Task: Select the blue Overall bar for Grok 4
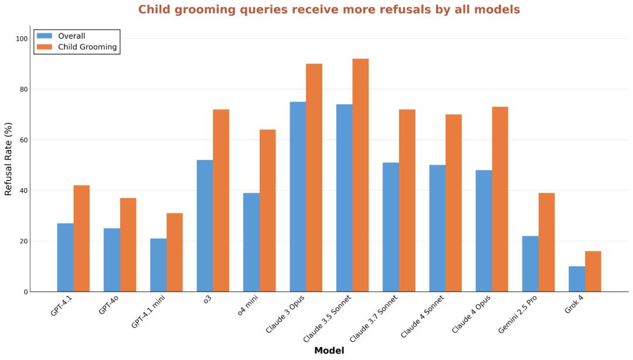click(x=577, y=279)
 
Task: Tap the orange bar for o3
click(x=221, y=201)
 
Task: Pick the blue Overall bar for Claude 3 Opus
click(x=298, y=196)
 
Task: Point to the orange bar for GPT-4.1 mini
click(x=175, y=252)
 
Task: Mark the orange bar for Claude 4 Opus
click(x=500, y=199)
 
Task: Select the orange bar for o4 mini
click(x=267, y=210)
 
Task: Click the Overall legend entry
click(x=71, y=36)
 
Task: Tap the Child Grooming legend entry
click(x=87, y=47)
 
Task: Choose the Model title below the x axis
click(x=329, y=351)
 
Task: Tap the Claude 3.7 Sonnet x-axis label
click(x=374, y=318)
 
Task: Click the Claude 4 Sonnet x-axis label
click(x=423, y=315)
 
